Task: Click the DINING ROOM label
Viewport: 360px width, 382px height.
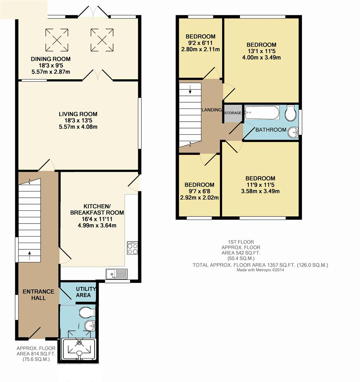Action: click(51, 59)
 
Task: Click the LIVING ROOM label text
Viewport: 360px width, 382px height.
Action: click(78, 114)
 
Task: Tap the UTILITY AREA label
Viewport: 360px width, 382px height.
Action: click(83, 292)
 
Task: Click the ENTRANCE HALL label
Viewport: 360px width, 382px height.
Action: click(39, 295)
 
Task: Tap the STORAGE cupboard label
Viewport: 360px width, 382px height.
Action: click(233, 113)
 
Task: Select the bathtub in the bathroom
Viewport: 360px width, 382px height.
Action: click(262, 113)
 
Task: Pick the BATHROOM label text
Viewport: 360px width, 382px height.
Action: click(271, 130)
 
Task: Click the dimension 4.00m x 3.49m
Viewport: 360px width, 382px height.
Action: click(261, 58)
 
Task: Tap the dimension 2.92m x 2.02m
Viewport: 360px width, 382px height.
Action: click(199, 197)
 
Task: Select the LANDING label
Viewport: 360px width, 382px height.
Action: click(212, 110)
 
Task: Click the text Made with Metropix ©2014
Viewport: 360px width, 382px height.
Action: click(260, 270)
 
